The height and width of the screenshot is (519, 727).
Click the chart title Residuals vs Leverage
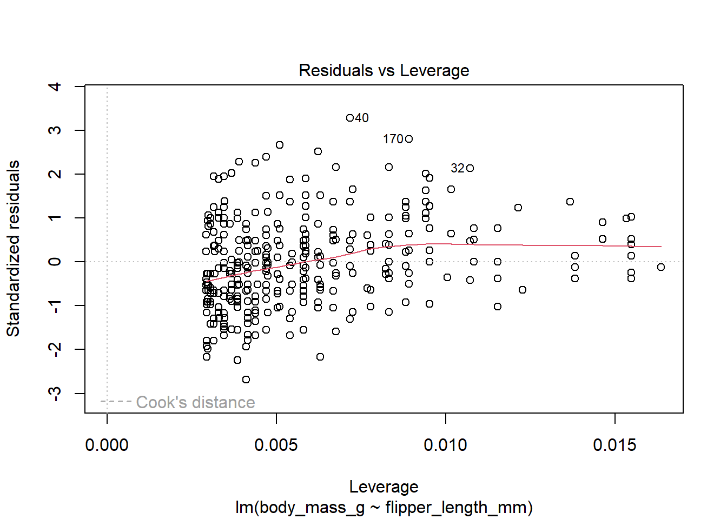(x=384, y=70)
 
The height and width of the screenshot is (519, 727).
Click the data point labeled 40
(x=350, y=118)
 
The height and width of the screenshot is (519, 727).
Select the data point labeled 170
(x=409, y=139)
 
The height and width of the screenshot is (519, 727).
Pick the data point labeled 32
(x=470, y=168)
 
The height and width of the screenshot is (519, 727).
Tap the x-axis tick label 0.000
(x=107, y=445)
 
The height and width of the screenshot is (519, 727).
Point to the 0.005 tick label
(x=276, y=445)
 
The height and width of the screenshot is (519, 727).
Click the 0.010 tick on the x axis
(x=445, y=445)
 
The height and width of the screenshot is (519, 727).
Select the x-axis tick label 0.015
(x=614, y=445)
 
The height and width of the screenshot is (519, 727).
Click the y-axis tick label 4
(x=55, y=86)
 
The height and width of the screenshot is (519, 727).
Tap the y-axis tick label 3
(x=55, y=130)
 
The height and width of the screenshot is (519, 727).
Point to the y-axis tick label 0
(x=55, y=262)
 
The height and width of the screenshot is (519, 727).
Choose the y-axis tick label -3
(x=55, y=393)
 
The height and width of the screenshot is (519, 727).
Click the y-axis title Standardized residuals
(x=13, y=249)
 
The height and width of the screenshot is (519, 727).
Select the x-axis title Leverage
(x=384, y=487)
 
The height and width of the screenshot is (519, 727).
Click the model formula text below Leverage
(x=384, y=508)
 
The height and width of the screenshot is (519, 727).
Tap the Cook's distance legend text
(x=195, y=402)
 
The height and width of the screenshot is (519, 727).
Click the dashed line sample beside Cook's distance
(x=116, y=401)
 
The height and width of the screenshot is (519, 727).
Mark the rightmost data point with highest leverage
(x=661, y=267)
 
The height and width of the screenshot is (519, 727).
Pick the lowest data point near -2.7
(x=246, y=380)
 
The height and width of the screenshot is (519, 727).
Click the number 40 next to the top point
(x=362, y=118)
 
